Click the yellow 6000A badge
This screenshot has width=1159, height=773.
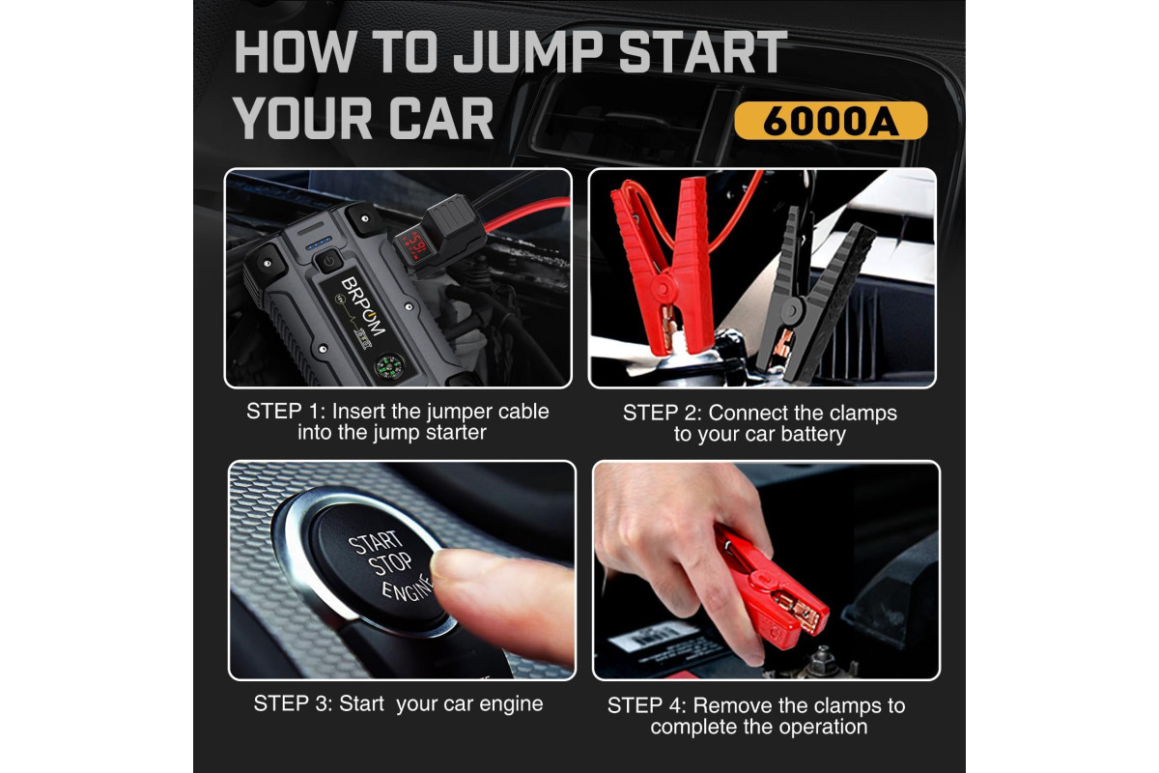pos(831,121)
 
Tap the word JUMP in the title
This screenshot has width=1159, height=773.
pos(528,52)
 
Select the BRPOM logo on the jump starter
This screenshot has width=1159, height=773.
pos(363,306)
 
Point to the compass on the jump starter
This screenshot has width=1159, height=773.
pos(388,366)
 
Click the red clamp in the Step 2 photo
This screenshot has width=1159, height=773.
pos(664,264)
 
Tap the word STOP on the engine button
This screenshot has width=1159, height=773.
pos(389,564)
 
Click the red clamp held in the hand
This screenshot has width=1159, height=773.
pos(771,590)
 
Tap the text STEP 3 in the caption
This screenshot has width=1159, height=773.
pos(293,703)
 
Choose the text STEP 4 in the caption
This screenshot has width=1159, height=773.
pos(646,705)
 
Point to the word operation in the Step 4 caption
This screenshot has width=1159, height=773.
pos(823,727)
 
